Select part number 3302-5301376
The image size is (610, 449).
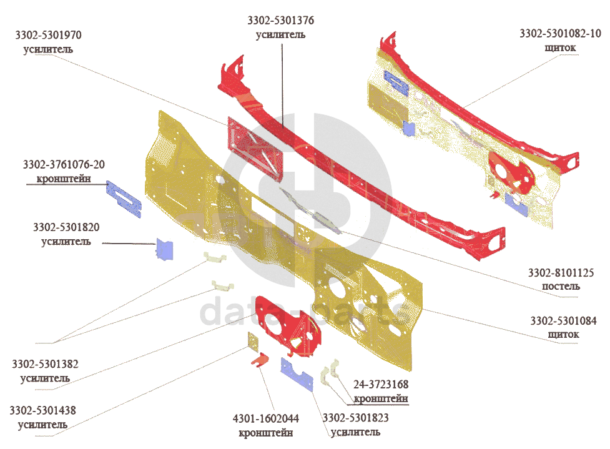click(x=280, y=21)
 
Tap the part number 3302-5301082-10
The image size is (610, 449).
click(x=560, y=34)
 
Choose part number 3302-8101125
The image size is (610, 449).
click(x=561, y=273)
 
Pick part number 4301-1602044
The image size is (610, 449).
click(x=265, y=418)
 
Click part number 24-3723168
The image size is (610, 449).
click(x=381, y=385)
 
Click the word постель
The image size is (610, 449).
click(x=561, y=287)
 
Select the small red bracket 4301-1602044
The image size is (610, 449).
click(x=260, y=360)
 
